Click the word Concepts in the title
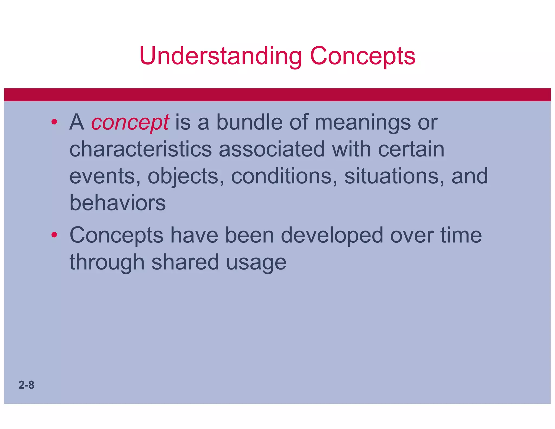click(362, 56)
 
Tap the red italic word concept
click(130, 123)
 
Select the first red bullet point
click(54, 122)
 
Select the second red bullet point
click(54, 235)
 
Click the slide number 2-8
click(26, 385)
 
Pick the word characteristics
click(140, 149)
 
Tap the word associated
click(272, 149)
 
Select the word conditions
click(284, 176)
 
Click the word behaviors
click(117, 203)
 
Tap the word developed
click(332, 235)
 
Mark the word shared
click(185, 262)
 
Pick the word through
click(107, 262)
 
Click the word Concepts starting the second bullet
click(116, 235)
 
